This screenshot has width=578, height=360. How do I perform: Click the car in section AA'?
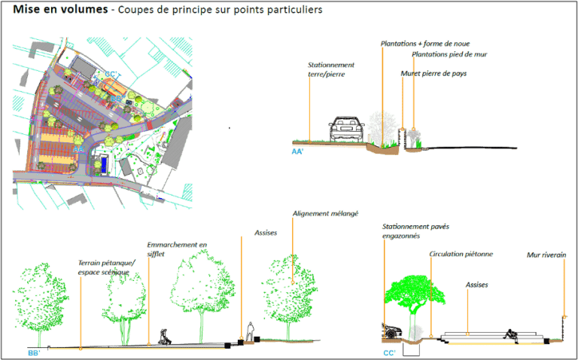click(346, 130)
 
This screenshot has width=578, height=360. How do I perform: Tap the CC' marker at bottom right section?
click(388, 352)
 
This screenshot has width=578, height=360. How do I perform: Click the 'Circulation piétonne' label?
click(461, 255)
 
